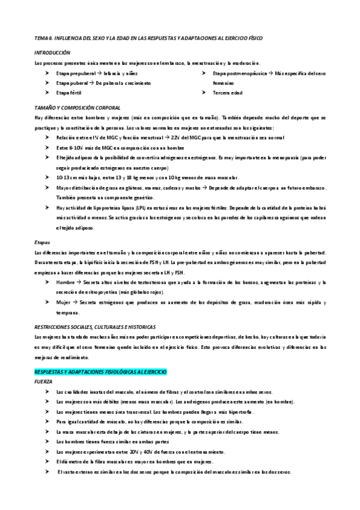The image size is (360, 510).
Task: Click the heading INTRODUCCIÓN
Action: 52,53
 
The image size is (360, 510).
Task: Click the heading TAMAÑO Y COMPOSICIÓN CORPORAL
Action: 78,107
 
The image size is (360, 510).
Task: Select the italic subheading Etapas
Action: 43,242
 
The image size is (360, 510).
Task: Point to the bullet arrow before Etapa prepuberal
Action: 47,73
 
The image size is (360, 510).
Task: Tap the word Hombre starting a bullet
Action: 66,282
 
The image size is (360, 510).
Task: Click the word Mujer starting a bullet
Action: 64,302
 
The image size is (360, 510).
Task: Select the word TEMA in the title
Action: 41,38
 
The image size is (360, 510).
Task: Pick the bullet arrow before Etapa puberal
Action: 47,83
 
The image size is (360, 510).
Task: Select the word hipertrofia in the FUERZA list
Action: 225,412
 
